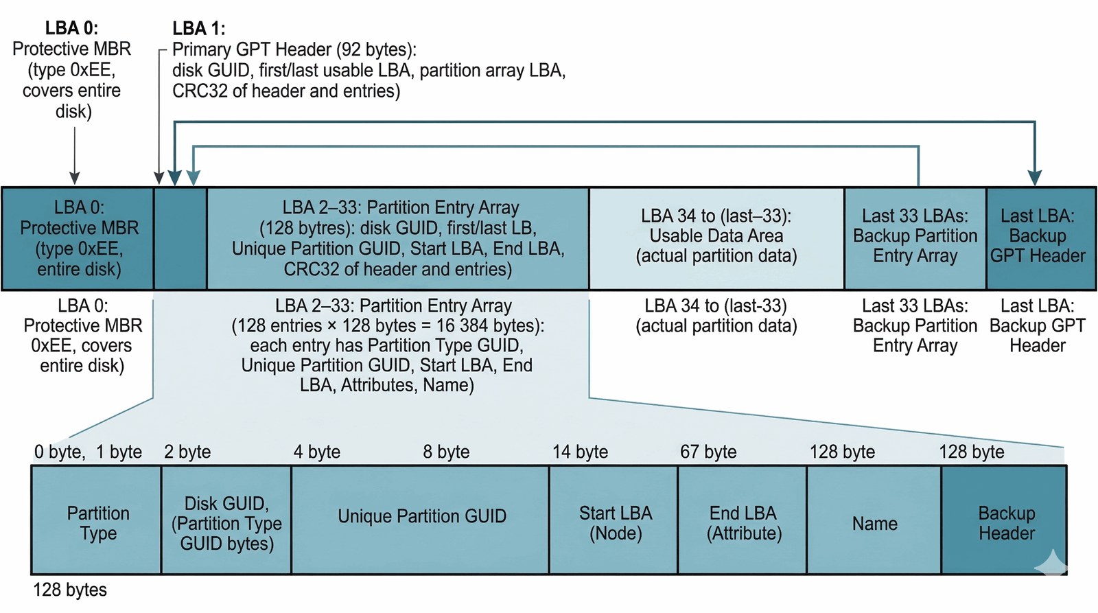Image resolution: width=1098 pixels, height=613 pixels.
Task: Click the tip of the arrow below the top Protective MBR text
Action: pos(75,185)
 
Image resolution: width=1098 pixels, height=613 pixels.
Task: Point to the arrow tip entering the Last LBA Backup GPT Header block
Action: pos(1034,185)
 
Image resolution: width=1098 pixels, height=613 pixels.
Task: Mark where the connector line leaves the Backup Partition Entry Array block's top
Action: pos(918,187)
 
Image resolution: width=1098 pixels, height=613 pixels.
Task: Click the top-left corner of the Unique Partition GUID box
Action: pos(292,466)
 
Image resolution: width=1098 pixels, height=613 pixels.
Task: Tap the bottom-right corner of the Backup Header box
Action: pos(1066,573)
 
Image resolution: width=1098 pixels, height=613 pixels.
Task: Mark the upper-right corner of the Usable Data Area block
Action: pos(843,189)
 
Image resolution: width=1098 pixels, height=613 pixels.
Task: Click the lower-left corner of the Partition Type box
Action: pos(32,573)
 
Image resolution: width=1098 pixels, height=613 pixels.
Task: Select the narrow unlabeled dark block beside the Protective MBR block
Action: pos(180,239)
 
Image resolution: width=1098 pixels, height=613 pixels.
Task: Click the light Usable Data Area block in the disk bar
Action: pos(716,239)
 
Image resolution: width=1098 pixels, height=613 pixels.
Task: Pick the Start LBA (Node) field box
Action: pos(614,520)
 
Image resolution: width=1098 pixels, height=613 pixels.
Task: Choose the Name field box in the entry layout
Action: pos(874,520)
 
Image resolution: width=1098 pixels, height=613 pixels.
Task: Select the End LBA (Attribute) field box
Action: pos(743,520)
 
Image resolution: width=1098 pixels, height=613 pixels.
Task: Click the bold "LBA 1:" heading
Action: pos(198,28)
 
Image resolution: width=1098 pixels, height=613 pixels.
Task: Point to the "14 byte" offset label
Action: pos(581,452)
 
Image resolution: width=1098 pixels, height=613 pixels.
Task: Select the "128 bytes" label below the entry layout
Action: pos(69,590)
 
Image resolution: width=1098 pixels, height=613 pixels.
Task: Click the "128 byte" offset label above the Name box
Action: pos(842,452)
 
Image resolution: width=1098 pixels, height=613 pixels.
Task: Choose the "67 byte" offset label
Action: pos(708,452)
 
